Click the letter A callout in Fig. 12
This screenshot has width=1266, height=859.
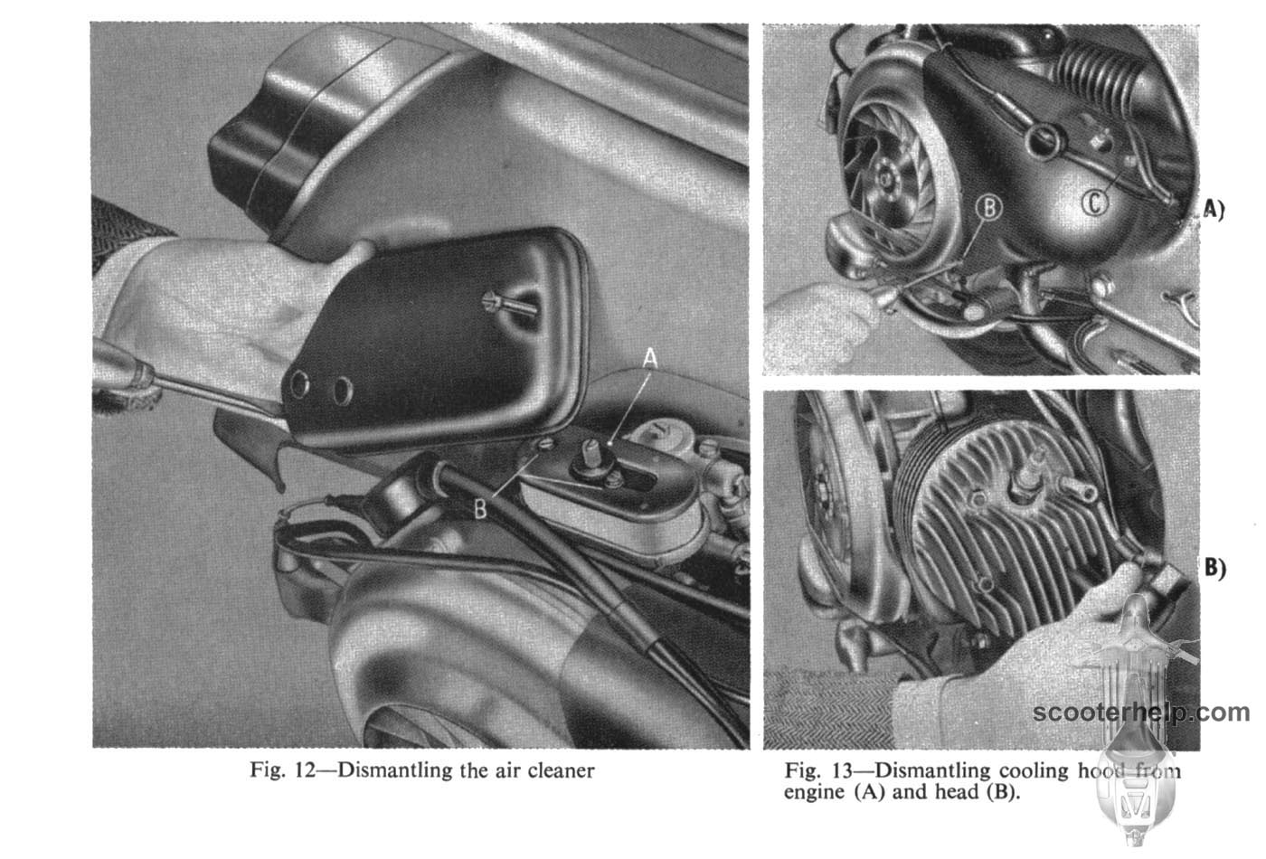[650, 358]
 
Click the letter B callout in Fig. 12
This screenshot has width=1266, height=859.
[480, 509]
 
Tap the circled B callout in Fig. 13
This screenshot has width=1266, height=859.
[989, 207]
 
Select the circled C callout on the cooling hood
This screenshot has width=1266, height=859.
[1095, 203]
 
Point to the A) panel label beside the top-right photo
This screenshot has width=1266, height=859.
[1213, 210]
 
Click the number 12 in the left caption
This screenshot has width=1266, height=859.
[306, 770]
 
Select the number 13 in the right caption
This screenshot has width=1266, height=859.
[843, 770]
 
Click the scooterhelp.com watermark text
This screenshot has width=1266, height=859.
[1140, 713]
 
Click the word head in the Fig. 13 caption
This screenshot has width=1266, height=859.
[957, 793]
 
